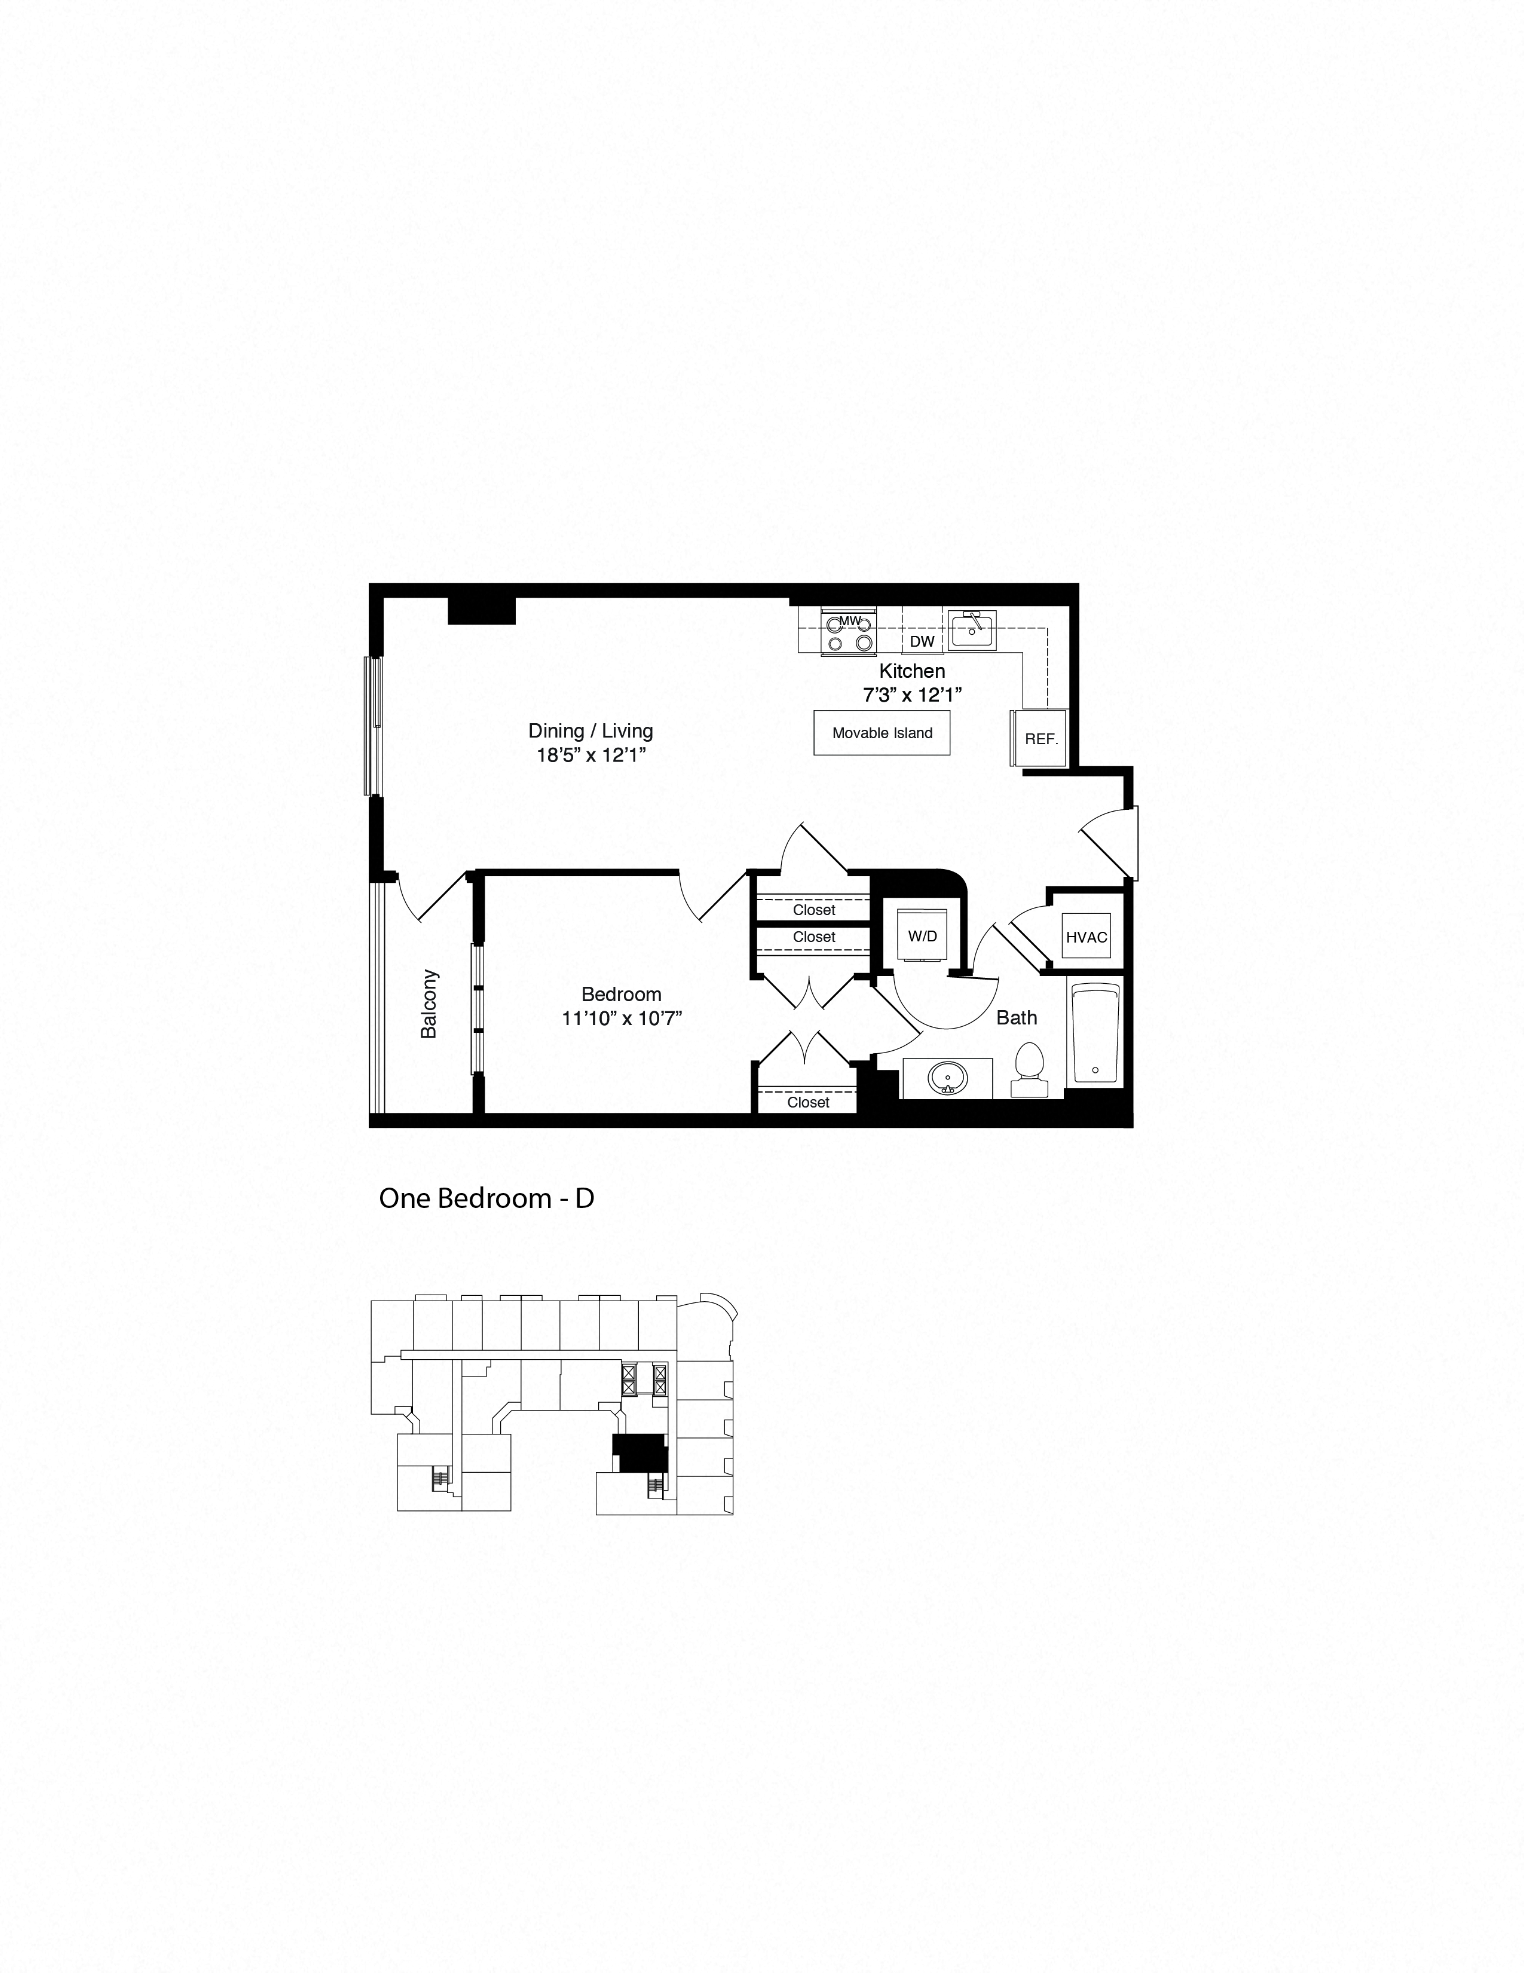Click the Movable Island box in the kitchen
[x=882, y=733]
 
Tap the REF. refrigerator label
[x=1041, y=739]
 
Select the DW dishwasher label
[x=922, y=641]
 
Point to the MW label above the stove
[x=849, y=620]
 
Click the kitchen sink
[x=972, y=629]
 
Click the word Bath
[x=1017, y=1018]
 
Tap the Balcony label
[x=429, y=1004]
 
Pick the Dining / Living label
[x=590, y=731]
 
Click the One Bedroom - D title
[x=486, y=1198]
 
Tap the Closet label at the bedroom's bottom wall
[x=807, y=1102]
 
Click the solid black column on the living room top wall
[x=482, y=611]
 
